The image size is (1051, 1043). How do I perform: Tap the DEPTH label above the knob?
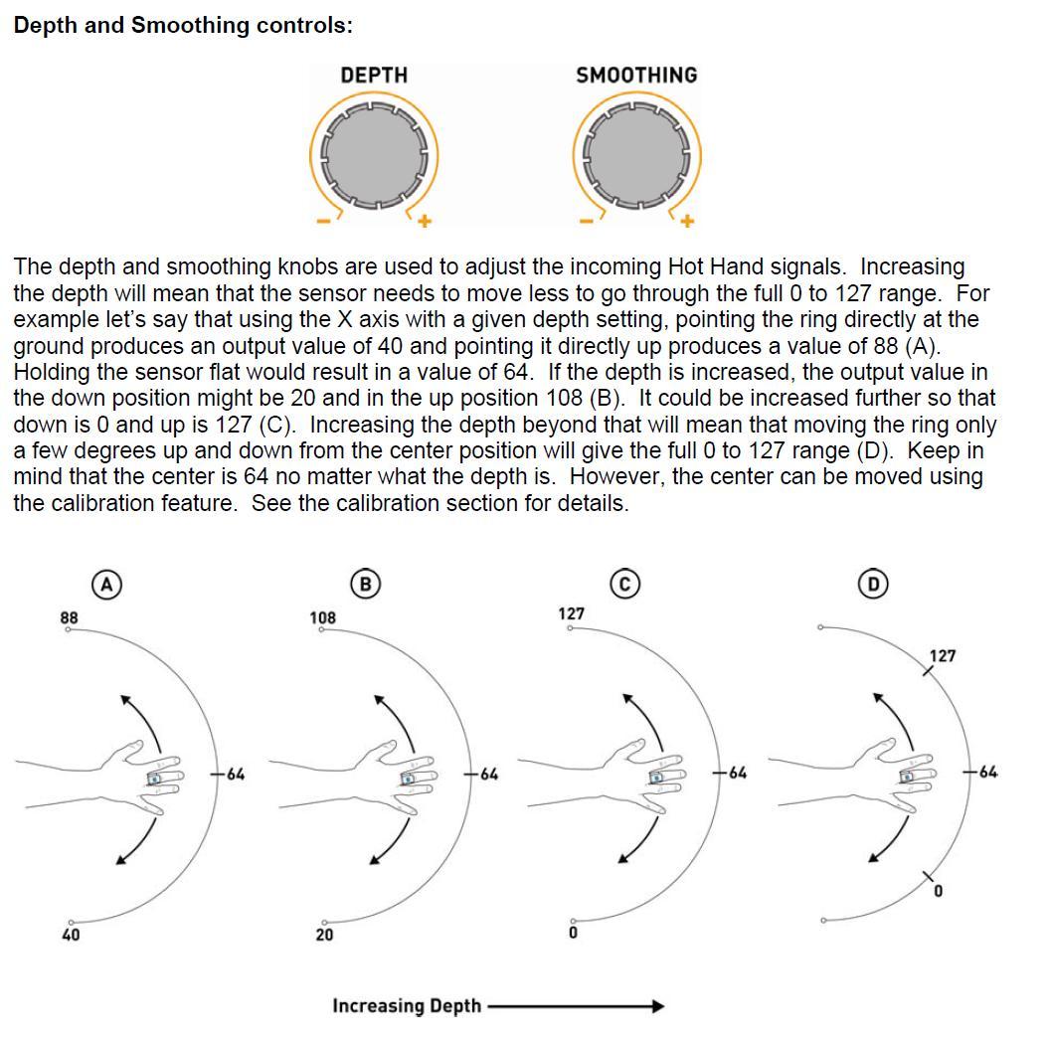coord(374,76)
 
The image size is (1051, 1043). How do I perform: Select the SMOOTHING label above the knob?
coord(636,76)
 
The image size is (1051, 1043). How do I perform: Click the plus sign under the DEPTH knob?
coord(424,221)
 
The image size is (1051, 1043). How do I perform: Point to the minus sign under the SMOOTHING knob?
coord(587,221)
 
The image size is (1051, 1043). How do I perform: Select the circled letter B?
coord(365,585)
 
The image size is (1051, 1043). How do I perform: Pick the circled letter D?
coord(874,584)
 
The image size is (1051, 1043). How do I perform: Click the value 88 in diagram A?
coord(68,617)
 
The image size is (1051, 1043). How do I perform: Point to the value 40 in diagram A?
coord(71,936)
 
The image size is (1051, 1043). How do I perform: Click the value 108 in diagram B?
coord(323,617)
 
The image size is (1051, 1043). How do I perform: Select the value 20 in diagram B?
coord(325,936)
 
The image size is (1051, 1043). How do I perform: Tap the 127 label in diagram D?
coord(943,656)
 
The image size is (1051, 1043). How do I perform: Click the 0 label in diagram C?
coord(573,935)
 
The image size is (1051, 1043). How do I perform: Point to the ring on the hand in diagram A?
coord(154,779)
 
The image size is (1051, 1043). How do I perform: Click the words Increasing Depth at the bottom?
coord(406,1006)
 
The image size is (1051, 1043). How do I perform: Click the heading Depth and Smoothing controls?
coord(183,25)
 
